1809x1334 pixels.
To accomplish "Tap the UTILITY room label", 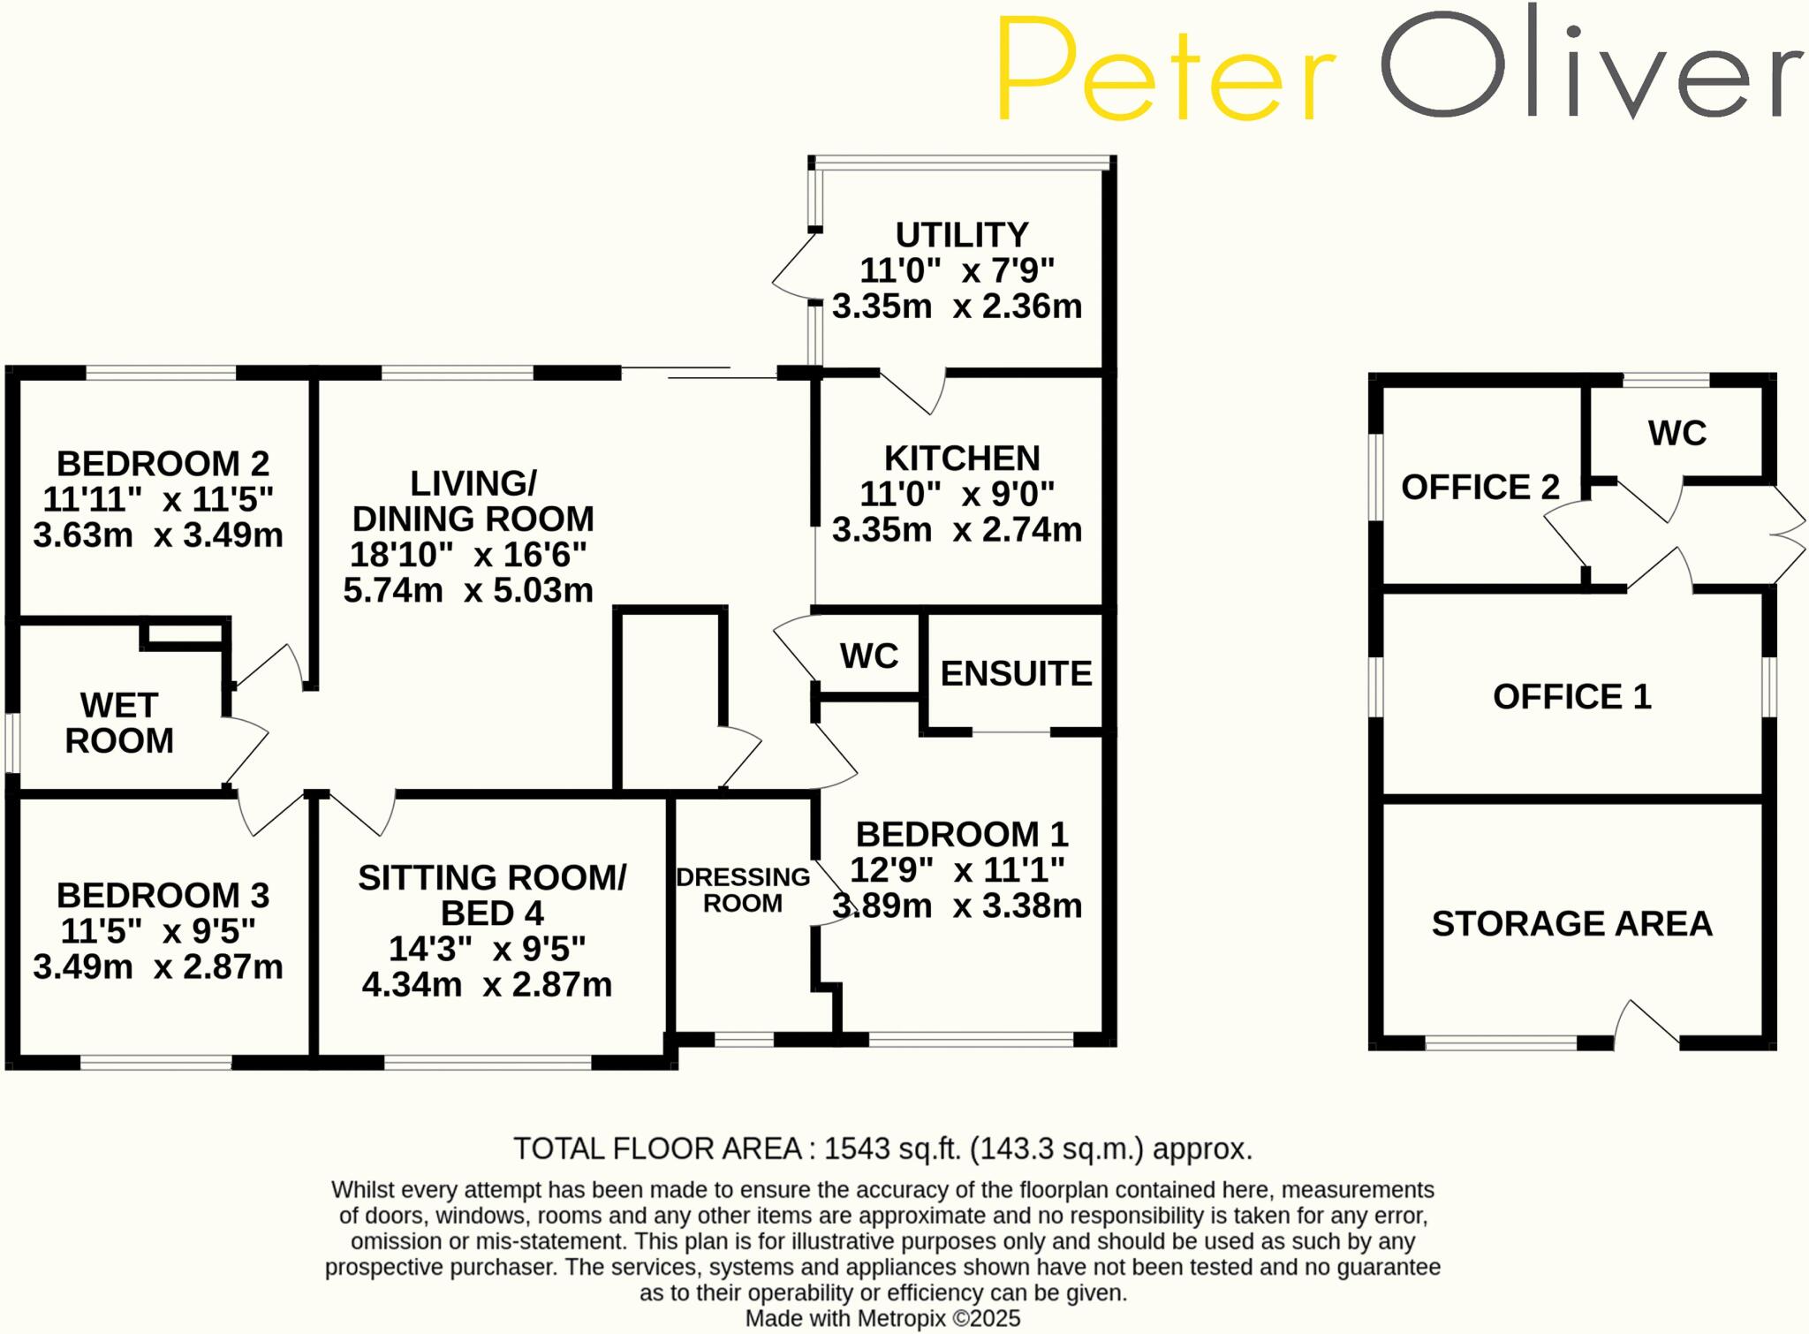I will tap(961, 235).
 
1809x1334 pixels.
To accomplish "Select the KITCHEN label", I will tap(961, 459).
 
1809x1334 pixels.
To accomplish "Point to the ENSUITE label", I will tap(1015, 674).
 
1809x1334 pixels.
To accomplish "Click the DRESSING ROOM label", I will tap(742, 890).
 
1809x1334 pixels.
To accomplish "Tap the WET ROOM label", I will tap(119, 723).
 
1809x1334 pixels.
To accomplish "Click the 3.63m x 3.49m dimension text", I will tap(158, 535).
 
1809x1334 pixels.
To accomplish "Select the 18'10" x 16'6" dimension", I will tap(468, 555).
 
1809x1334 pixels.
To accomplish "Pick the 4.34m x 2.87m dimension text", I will tap(487, 984).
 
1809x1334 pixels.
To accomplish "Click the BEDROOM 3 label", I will tap(163, 895).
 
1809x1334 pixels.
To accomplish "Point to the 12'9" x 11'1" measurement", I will tap(957, 870).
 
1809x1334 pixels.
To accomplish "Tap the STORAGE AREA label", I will tap(1571, 924).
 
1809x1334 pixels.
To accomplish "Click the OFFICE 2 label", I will tap(1480, 488).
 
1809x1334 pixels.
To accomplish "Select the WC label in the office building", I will tap(1677, 434).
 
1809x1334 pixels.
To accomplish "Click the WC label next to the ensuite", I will tap(868, 656).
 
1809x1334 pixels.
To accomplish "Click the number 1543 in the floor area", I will tap(857, 1148).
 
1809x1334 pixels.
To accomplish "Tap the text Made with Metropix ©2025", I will tap(882, 1319).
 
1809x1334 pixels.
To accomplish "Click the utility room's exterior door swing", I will tap(793, 267).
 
